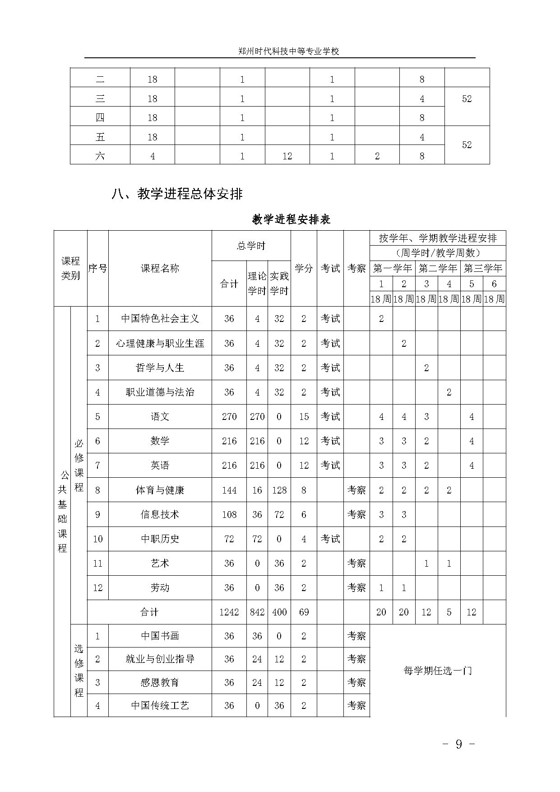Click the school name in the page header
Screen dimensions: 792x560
(x=288, y=51)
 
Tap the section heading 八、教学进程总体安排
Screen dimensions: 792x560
(x=177, y=194)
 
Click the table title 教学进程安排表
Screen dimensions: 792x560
(x=291, y=219)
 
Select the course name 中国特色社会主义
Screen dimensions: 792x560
(x=160, y=319)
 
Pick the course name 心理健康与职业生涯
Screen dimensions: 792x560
(x=160, y=343)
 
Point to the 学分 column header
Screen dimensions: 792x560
(x=304, y=268)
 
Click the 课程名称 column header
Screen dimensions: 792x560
(x=160, y=268)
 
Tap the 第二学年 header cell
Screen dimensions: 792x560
(x=437, y=268)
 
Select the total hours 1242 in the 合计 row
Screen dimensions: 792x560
(x=229, y=612)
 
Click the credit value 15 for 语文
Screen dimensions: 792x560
(x=304, y=416)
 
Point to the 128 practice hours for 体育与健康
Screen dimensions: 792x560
(x=279, y=490)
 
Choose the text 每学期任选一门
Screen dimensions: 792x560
(x=437, y=671)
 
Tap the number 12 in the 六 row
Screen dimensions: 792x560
(x=287, y=156)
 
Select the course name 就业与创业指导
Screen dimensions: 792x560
(x=160, y=659)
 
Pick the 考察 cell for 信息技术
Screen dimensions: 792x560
(x=356, y=514)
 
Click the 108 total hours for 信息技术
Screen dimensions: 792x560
(x=229, y=514)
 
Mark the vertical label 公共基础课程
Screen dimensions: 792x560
(x=62, y=511)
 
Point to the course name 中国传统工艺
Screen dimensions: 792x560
(x=160, y=705)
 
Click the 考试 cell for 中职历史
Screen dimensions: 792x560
(x=330, y=539)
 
